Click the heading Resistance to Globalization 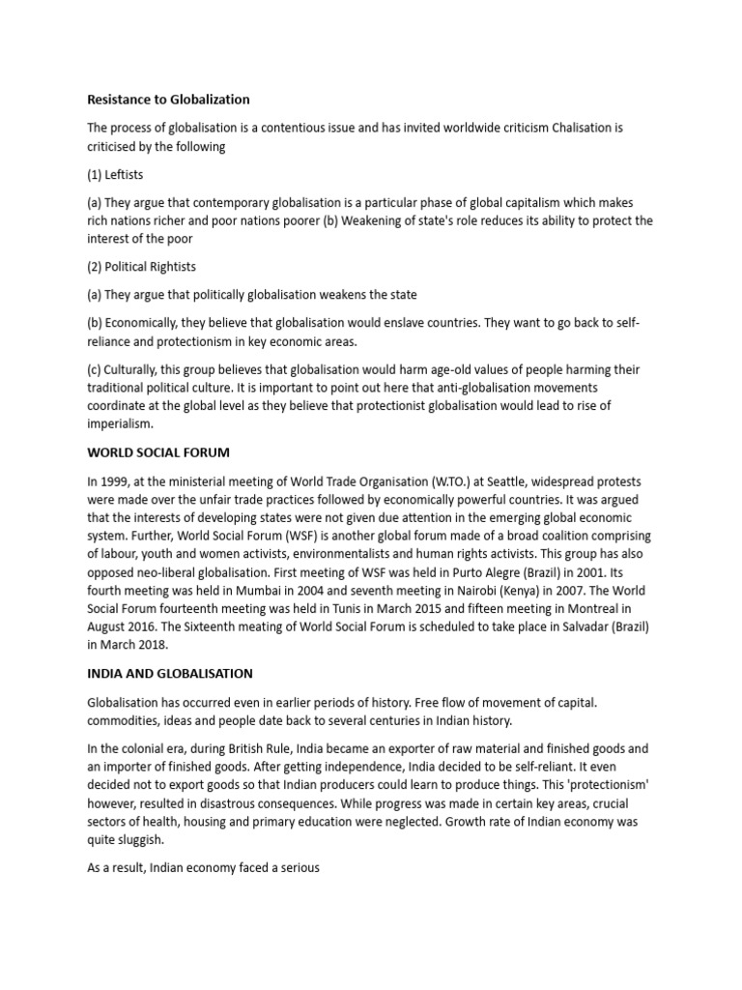[x=168, y=99]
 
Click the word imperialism [x=120, y=423]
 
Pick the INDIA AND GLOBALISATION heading [x=171, y=673]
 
